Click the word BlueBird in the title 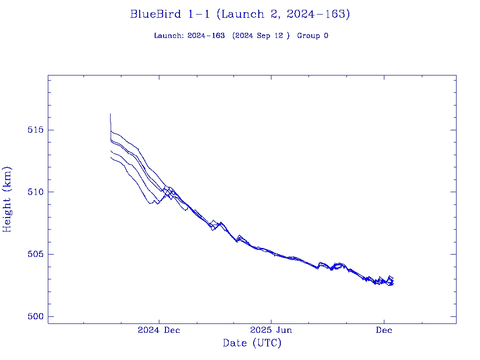point(156,15)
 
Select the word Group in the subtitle point(307,36)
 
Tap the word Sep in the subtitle point(263,36)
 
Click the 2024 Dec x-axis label point(159,330)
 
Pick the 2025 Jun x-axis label point(271,330)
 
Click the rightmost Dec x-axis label point(384,330)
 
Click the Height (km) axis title point(7,199)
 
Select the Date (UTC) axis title point(252,344)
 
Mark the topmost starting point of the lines point(111,114)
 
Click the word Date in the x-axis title point(235,344)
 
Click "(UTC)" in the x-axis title point(267,344)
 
